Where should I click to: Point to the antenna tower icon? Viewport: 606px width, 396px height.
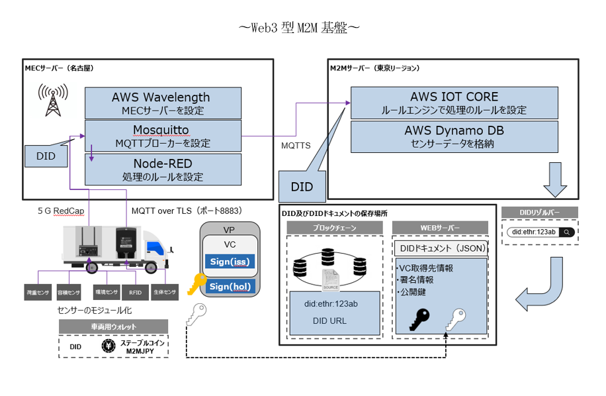[50, 100]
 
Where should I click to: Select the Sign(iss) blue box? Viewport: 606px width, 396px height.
[229, 262]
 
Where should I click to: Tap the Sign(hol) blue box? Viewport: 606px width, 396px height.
[229, 286]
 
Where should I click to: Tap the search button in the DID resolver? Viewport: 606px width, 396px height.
[566, 232]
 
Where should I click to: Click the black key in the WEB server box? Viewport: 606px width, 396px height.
[418, 319]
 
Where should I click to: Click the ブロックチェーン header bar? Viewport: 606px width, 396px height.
[335, 227]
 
